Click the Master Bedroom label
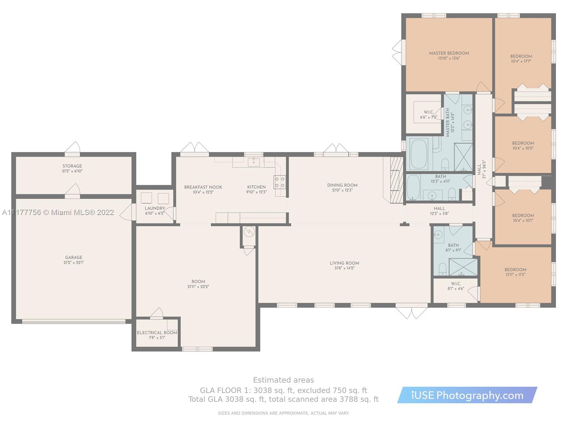tap(449, 53)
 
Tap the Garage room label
tap(74, 257)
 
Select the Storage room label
tap(72, 166)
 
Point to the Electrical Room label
tap(157, 333)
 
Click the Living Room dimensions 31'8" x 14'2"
tap(344, 268)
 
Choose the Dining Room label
tap(342, 185)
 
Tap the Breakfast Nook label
tap(203, 187)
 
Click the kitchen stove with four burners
tap(280, 182)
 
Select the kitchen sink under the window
tap(254, 162)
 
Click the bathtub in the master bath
tap(419, 154)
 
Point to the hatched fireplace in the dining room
tap(396, 180)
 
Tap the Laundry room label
tap(155, 208)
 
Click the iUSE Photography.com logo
tap(467, 395)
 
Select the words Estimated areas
tap(283, 380)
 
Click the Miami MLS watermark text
tap(58, 212)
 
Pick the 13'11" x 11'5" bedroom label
tap(515, 272)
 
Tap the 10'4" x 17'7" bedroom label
tap(521, 58)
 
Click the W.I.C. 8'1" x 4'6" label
tap(456, 286)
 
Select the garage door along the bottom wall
tap(74, 322)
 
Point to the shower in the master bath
tap(464, 157)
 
